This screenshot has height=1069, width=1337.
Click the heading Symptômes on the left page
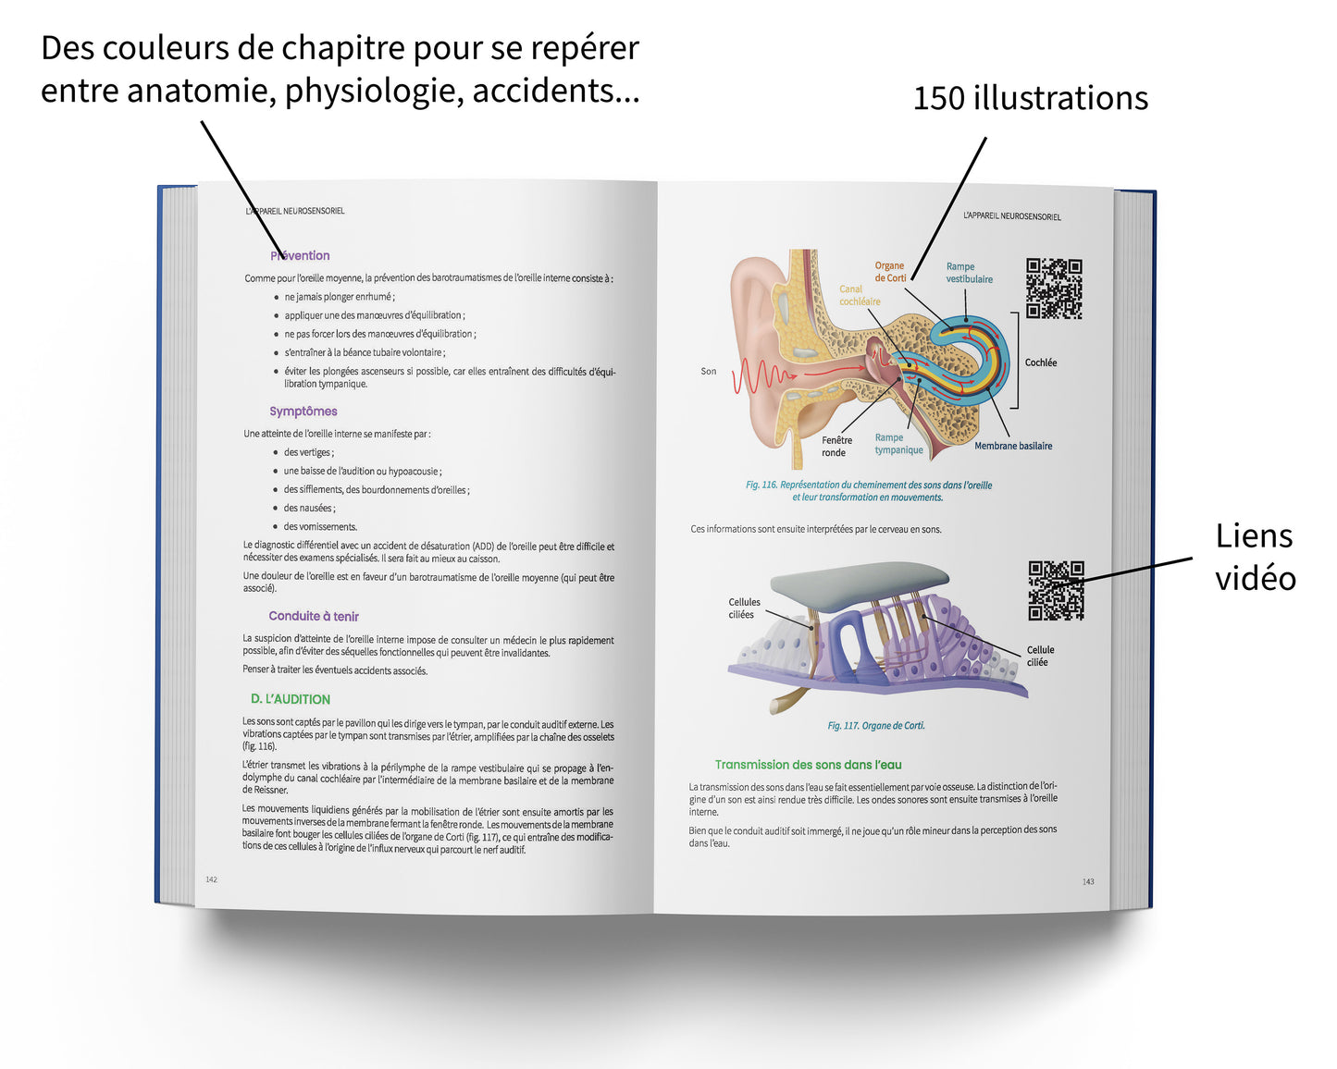[x=303, y=412]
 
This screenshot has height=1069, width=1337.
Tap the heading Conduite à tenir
[x=314, y=616]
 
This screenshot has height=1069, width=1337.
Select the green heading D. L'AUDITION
[x=291, y=699]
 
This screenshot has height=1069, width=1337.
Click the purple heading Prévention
[x=301, y=256]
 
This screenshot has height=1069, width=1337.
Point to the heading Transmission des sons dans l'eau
[x=808, y=765]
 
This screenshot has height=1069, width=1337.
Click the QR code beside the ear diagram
[x=1054, y=289]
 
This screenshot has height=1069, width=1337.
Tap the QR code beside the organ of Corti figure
[x=1056, y=590]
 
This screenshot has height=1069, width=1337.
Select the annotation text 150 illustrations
[x=1030, y=98]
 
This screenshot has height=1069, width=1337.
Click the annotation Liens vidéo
[x=1255, y=557]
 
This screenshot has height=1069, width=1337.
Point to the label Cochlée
[x=1041, y=362]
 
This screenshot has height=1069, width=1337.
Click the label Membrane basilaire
[x=1013, y=446]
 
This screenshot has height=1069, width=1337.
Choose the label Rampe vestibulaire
[x=969, y=273]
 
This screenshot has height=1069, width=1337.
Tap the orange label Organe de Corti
[x=890, y=272]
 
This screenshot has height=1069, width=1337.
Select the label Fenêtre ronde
[x=836, y=447]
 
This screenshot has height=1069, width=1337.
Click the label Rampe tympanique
[x=898, y=444]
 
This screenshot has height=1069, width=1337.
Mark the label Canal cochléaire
[x=860, y=295]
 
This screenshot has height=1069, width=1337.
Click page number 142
[x=211, y=879]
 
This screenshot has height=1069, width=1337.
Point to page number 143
[x=1088, y=881]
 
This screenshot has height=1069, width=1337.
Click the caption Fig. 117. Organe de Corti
[x=876, y=726]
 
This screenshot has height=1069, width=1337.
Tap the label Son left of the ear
[x=708, y=372]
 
